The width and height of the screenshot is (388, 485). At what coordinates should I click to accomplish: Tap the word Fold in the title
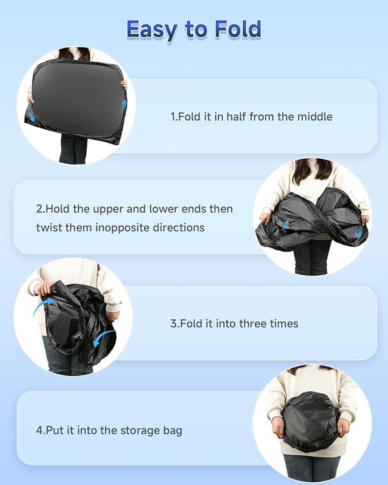238,29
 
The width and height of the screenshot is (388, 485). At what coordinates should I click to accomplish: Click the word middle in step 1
315,117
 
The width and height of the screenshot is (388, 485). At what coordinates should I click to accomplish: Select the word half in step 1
236,117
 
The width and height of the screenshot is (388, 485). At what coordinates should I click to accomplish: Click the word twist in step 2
47,228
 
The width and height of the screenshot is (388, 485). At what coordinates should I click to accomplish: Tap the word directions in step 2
179,228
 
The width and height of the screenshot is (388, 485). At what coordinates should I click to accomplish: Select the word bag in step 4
173,431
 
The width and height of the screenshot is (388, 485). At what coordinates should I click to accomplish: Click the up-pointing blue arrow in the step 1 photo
124,105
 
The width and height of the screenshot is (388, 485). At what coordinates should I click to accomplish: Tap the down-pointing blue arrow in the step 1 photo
31,116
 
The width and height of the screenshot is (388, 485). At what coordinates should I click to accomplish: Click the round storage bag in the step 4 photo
311,420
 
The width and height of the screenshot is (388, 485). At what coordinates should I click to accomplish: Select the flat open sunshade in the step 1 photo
77,101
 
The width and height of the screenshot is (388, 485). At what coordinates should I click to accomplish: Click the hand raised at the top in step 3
43,288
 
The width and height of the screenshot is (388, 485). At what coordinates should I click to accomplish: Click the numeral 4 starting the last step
39,430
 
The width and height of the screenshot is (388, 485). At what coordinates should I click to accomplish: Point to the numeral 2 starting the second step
39,209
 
